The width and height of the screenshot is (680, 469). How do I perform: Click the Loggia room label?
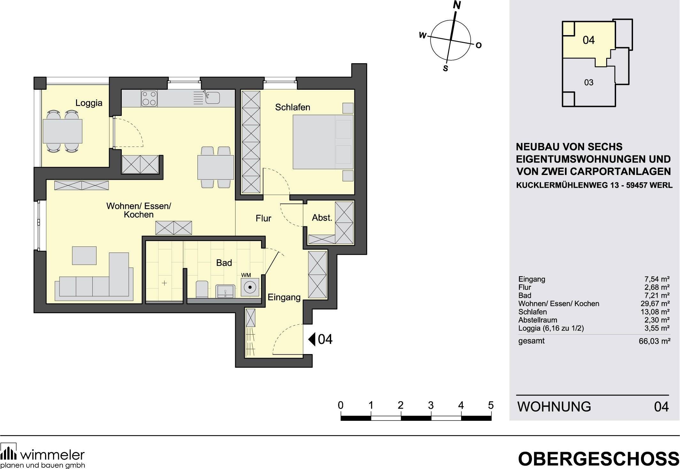coord(89,103)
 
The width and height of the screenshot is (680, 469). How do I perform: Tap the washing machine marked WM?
coord(250,287)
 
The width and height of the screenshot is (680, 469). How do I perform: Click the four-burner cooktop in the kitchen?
coord(149,98)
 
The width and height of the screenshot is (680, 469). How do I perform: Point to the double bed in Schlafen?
coord(323,142)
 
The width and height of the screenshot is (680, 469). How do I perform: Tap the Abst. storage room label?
coord(322,218)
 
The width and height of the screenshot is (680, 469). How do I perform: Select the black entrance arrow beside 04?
coord(312,339)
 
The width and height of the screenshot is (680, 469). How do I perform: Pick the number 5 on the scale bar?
coord(491,405)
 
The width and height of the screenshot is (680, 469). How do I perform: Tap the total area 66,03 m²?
coord(654,341)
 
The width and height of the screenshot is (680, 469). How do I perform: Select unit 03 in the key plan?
coord(588,82)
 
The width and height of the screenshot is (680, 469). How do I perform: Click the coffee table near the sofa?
coord(84,255)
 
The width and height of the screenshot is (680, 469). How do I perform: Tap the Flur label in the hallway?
coord(263,218)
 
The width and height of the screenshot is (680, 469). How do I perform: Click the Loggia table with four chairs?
coord(62,131)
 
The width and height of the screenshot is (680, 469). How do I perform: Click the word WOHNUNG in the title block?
coord(554,406)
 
